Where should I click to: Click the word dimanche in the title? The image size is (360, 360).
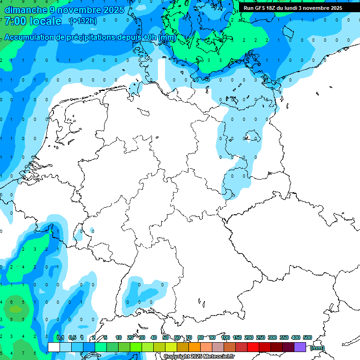[26, 10]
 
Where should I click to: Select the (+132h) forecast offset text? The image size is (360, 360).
[82, 21]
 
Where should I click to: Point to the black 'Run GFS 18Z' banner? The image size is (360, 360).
[293, 7]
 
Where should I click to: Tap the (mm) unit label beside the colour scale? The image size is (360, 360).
[317, 348]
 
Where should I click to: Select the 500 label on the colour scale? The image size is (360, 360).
[307, 337]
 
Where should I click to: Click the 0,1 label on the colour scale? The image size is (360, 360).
[60, 337]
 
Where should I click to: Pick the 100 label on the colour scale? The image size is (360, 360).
[225, 337]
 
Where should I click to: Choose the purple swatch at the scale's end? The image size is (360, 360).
[300, 347]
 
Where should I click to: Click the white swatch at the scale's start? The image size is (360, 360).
[53, 347]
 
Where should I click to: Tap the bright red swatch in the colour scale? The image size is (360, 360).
[253, 347]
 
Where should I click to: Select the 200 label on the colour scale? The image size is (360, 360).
[248, 337]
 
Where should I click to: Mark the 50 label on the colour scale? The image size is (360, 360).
[165, 337]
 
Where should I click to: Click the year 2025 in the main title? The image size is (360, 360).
[114, 10]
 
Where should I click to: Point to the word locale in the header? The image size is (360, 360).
[45, 21]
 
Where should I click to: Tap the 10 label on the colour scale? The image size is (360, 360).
[119, 337]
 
